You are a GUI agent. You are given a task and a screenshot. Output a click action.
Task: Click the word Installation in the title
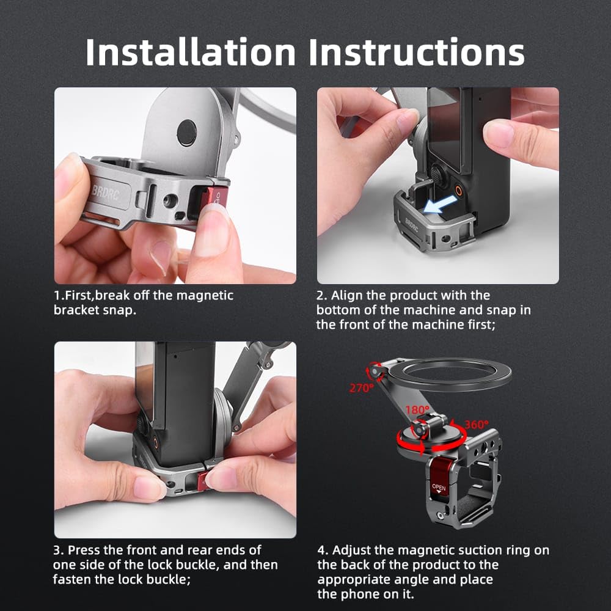(191, 52)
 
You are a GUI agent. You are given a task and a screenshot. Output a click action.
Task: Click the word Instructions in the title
(417, 52)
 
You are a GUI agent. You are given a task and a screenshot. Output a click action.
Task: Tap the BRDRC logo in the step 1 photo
(106, 192)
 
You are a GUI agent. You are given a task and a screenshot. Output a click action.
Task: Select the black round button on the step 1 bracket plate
(186, 133)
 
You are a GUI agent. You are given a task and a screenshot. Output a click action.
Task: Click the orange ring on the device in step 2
(459, 191)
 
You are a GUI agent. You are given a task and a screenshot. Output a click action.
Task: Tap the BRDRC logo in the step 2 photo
(411, 225)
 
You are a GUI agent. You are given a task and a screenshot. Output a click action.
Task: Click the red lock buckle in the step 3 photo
(203, 480)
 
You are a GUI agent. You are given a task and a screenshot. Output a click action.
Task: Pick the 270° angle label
(361, 388)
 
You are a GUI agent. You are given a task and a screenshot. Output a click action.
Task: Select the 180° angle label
(417, 410)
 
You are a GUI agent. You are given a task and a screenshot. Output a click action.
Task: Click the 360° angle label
(476, 425)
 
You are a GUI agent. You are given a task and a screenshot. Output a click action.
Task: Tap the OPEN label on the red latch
(439, 487)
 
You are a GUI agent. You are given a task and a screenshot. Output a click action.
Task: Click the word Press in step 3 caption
(84, 551)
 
